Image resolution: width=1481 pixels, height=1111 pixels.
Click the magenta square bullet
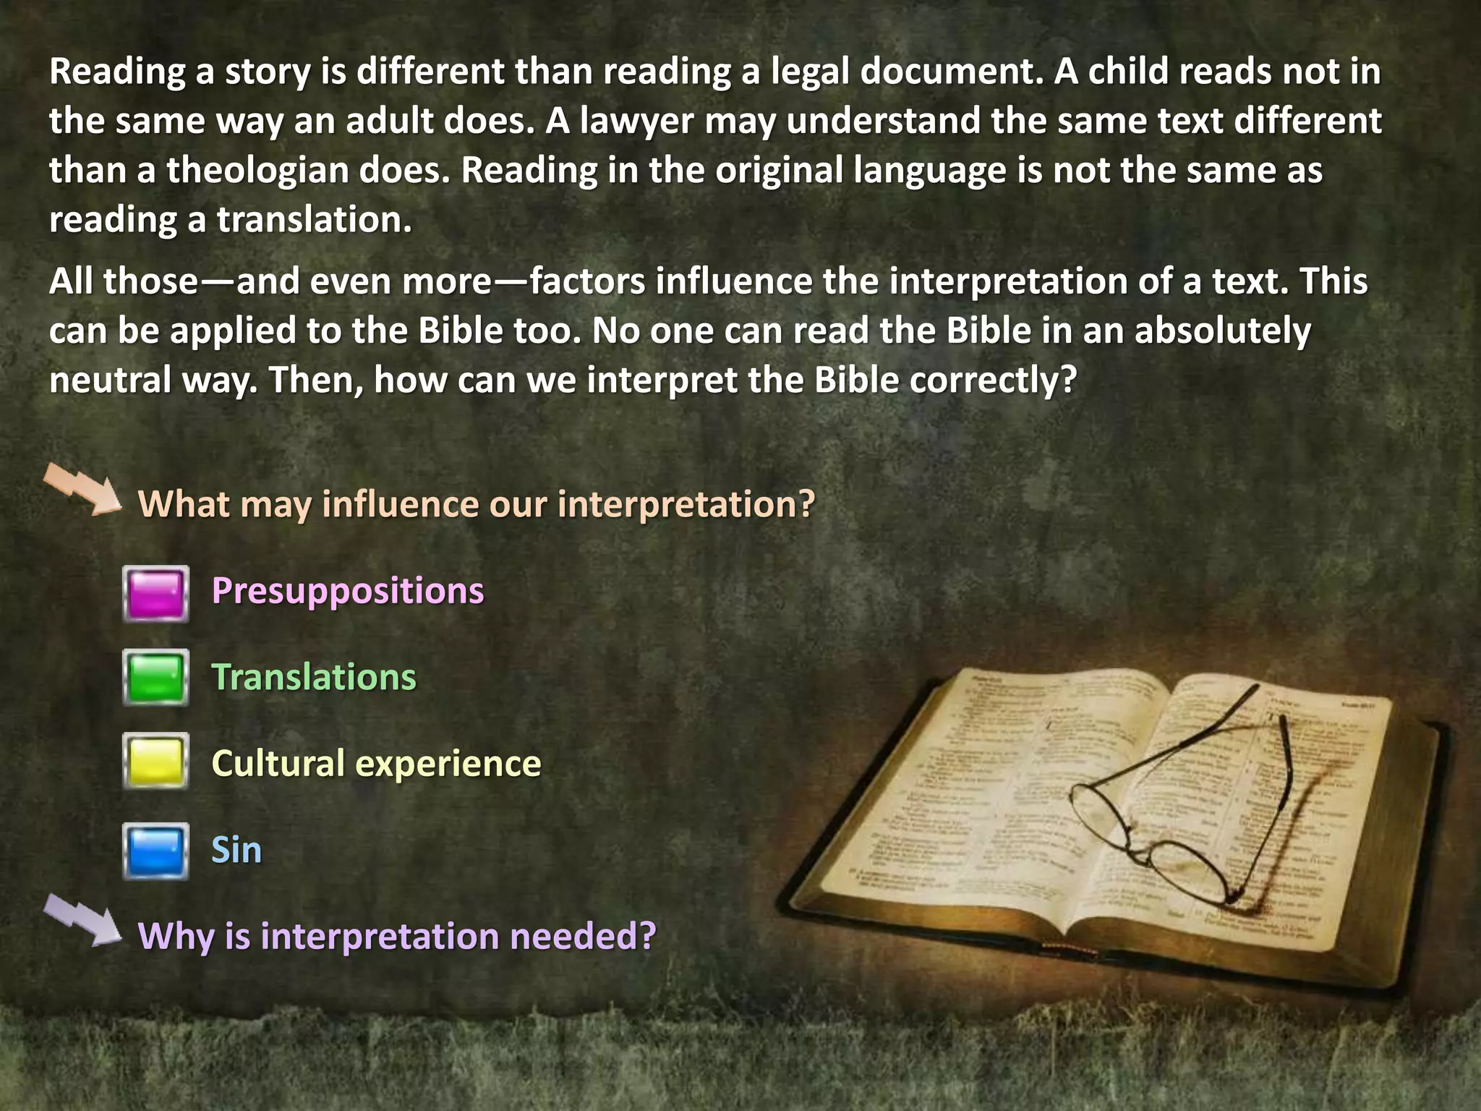155,594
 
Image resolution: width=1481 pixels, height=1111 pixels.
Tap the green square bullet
155,678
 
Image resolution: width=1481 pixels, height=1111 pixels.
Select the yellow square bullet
155,761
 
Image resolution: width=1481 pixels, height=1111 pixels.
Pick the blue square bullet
155,851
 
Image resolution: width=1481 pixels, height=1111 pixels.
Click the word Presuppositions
347,591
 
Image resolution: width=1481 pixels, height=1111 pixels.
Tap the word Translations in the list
313,678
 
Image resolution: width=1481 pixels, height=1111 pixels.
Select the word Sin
236,850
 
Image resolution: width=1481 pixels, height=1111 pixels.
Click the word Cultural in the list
278,763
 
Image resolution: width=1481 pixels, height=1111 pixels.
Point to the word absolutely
1222,331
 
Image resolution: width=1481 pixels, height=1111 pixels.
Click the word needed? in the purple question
582,936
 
